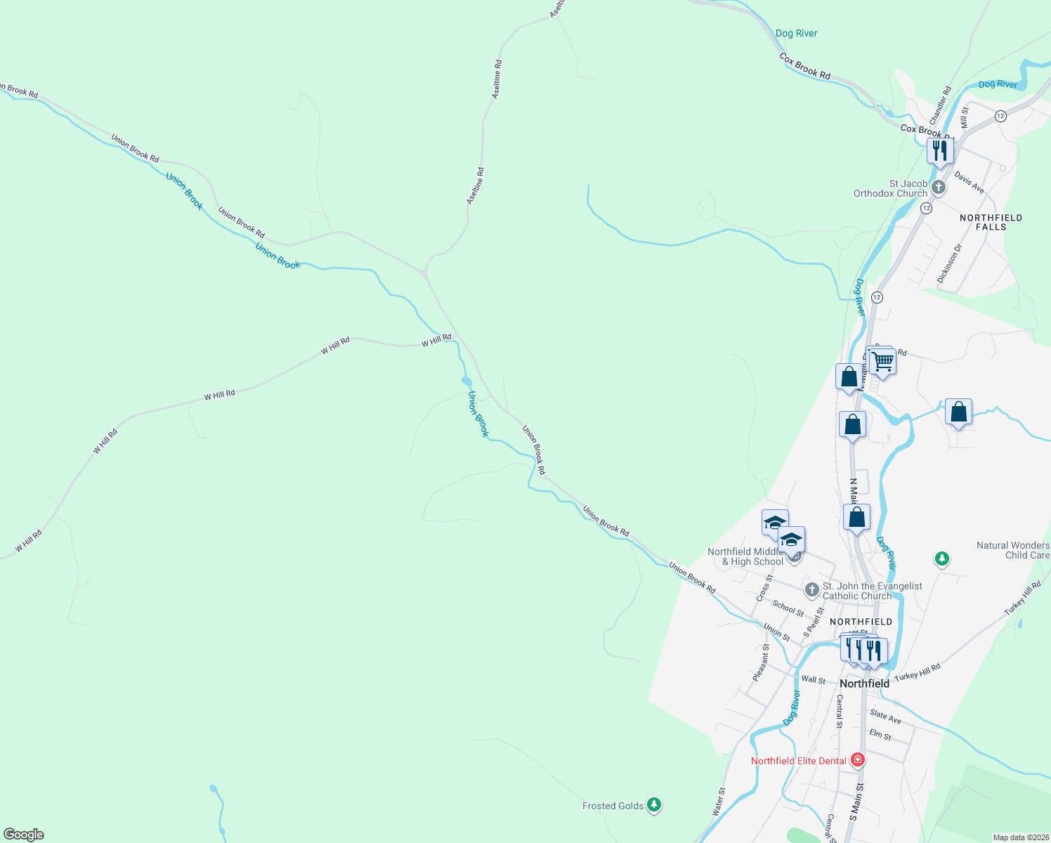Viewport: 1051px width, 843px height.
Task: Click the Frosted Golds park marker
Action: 654,805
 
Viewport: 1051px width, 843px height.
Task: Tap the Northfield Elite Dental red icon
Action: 857,760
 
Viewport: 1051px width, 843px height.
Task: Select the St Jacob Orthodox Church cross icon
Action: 939,188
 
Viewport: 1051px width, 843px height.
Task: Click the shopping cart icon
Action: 883,362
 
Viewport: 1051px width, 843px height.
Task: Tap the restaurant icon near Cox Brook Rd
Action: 939,150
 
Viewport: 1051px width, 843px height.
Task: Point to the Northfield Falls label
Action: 991,222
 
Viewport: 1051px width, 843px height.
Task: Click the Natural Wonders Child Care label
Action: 1013,550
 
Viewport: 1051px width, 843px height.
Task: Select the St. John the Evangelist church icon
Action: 811,589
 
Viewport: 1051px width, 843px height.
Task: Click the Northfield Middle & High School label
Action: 745,556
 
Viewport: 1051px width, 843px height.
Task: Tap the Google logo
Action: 24,834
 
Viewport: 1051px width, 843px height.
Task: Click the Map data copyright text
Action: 1019,837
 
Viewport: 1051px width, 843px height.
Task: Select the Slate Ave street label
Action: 885,717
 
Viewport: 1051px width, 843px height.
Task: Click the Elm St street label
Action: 880,736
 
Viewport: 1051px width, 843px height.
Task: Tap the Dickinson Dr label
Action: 949,263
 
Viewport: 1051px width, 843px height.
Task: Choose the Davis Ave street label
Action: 970,183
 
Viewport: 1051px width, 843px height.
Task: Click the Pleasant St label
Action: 760,662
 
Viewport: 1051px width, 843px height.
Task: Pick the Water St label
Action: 719,801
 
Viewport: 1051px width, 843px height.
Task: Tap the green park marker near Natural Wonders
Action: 941,559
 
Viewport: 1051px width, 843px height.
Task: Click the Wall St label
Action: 814,679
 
